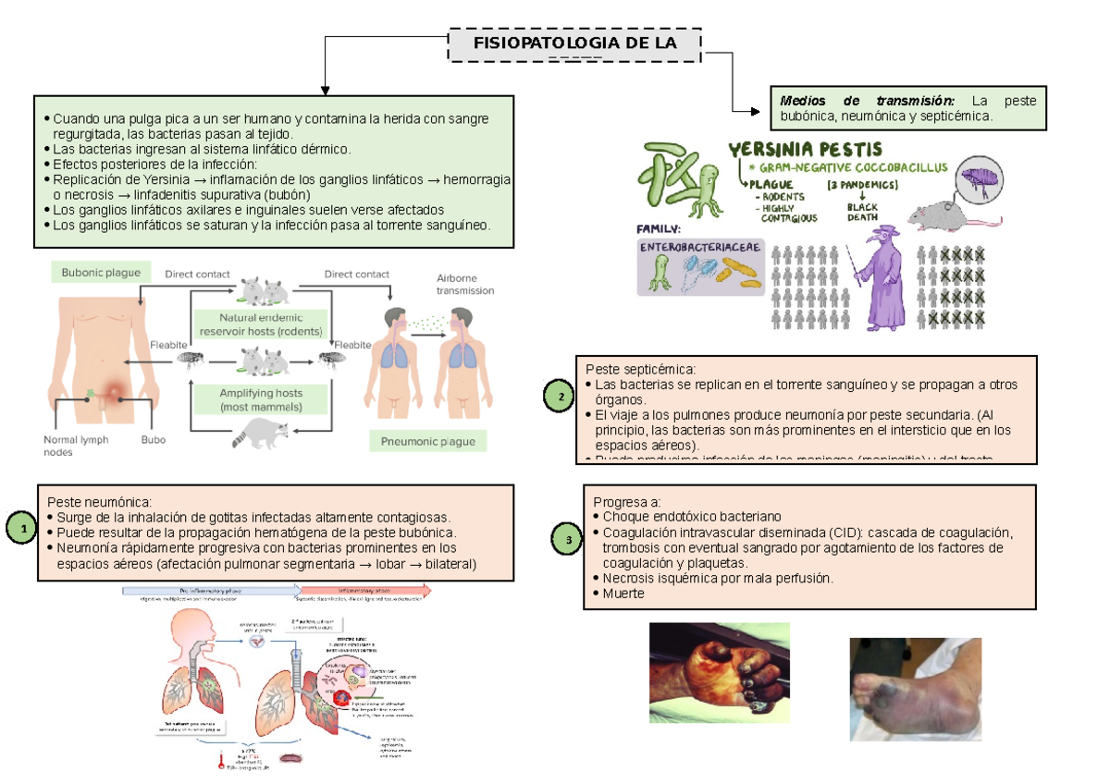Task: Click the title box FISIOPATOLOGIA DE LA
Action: (x=574, y=44)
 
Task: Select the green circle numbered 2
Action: (x=559, y=398)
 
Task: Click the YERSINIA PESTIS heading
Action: (x=806, y=149)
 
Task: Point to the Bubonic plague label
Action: (x=101, y=273)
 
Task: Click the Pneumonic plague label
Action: (x=428, y=441)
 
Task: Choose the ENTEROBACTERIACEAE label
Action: (x=697, y=248)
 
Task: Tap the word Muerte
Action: (x=623, y=594)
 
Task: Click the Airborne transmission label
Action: (x=464, y=284)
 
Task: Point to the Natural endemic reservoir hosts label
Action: (x=261, y=325)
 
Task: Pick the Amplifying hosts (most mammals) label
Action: (x=261, y=399)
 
